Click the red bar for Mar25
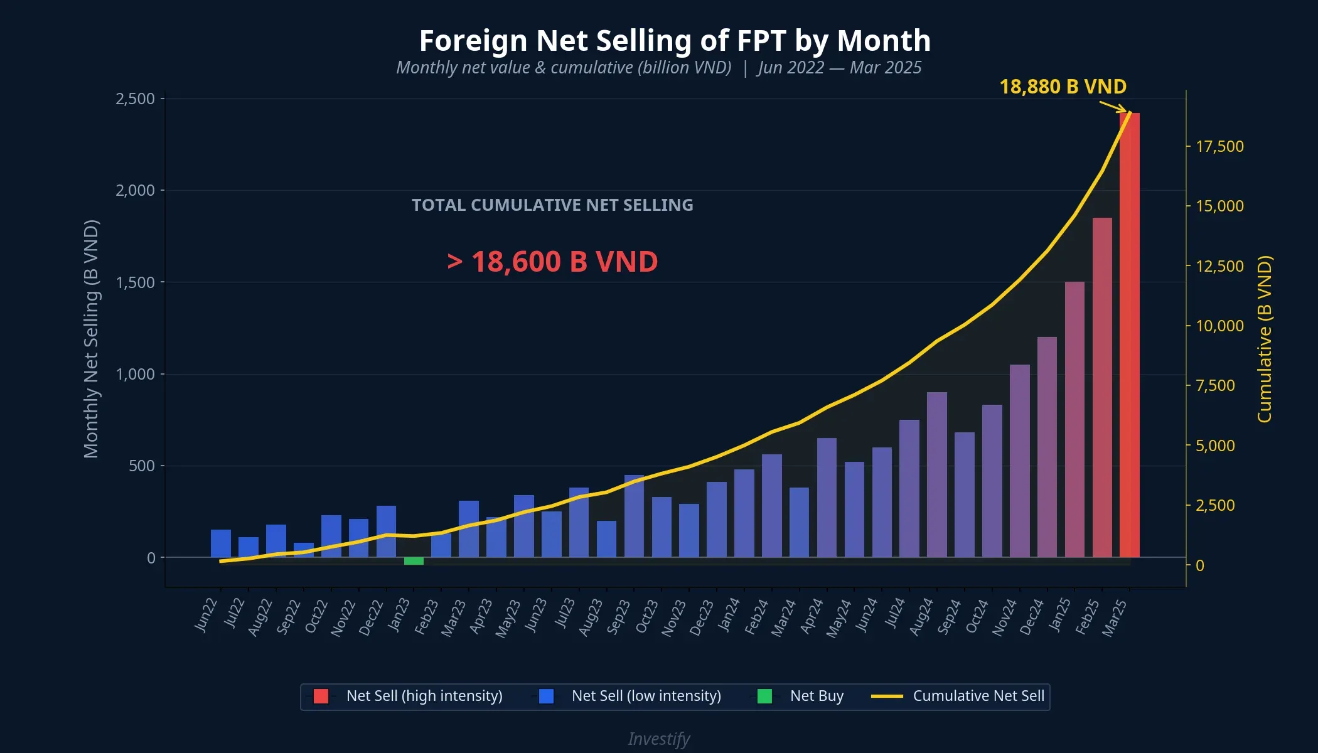coord(1130,336)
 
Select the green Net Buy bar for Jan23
coord(414,561)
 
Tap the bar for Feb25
coord(1102,388)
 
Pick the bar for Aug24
coord(937,475)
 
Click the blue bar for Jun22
coord(221,543)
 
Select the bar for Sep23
coord(634,516)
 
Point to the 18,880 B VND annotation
coord(1063,87)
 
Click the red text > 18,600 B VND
coord(552,262)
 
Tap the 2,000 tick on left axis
coord(135,190)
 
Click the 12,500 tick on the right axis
coord(1219,266)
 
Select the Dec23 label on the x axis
coord(702,617)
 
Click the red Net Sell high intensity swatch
coord(321,696)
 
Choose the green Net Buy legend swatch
coord(764,696)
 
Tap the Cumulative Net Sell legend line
coord(887,696)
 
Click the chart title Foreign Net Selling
coord(675,41)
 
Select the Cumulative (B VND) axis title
coord(1265,339)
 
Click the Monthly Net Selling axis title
coord(91,339)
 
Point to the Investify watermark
coord(659,739)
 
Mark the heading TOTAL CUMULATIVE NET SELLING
coord(552,205)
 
